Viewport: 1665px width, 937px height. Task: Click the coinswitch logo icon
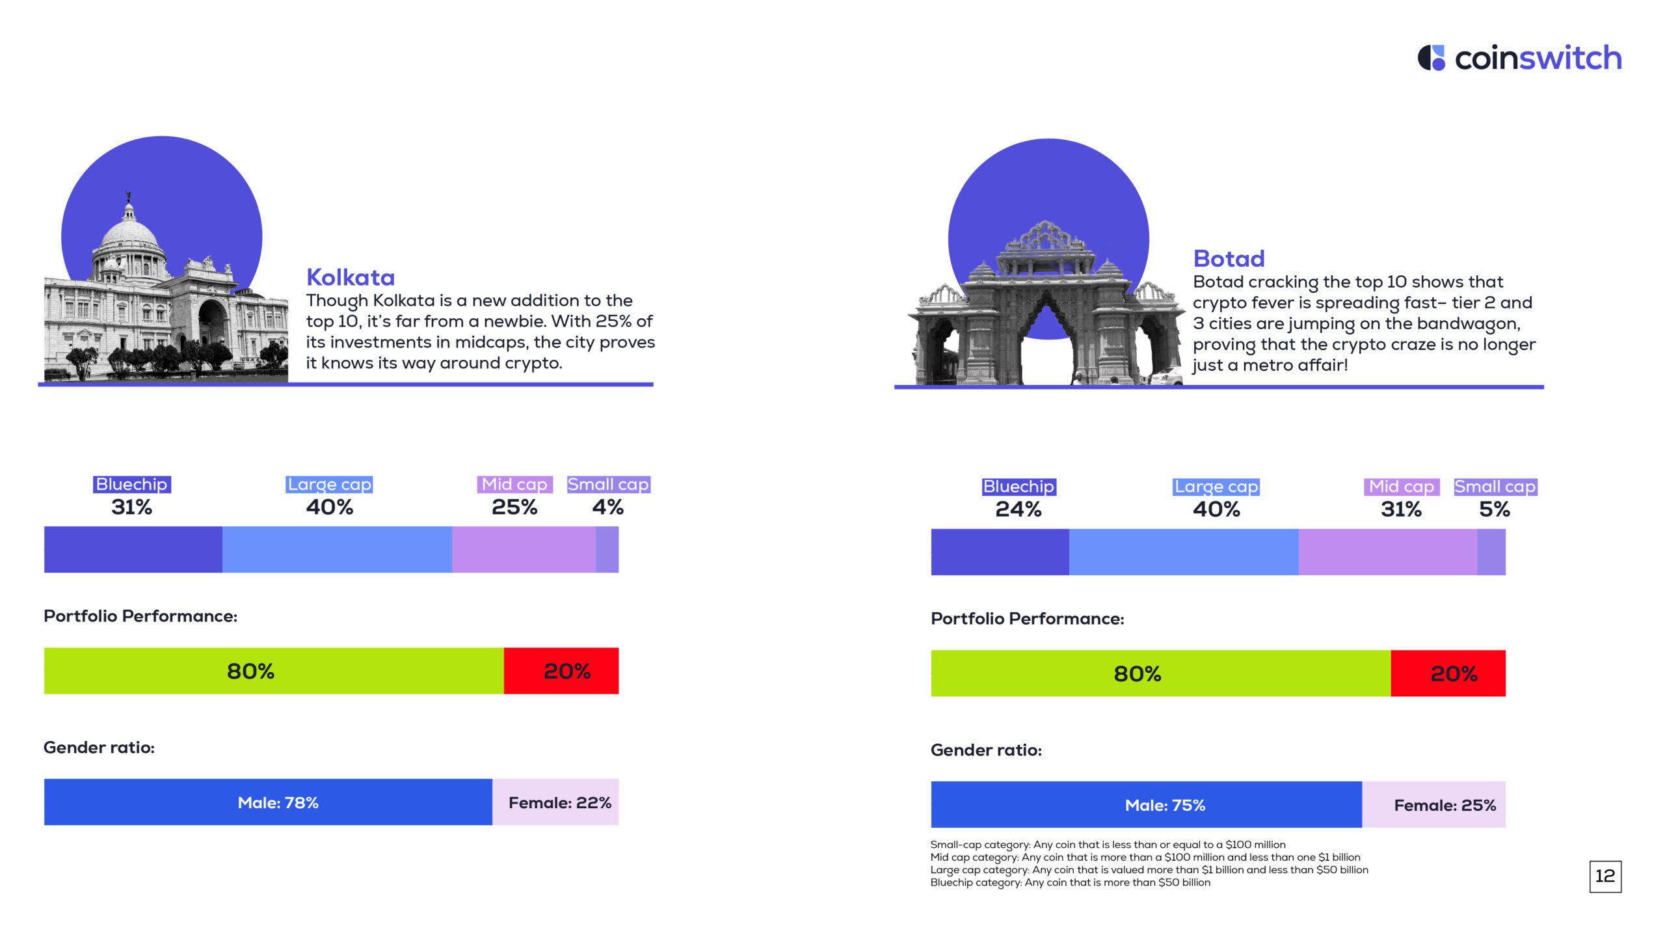point(1431,58)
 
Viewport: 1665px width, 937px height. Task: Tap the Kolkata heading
point(351,278)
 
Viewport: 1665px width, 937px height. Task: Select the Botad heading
point(1229,259)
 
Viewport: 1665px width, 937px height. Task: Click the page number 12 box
point(1605,876)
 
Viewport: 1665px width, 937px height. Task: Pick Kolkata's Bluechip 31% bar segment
point(133,550)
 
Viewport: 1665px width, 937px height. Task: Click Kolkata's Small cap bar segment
point(607,550)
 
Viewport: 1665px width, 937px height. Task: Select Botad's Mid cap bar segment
point(1387,552)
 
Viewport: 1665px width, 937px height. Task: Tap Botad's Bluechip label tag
point(1019,487)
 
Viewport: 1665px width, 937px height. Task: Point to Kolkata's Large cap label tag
point(329,485)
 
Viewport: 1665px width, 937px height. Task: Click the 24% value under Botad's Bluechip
point(1019,509)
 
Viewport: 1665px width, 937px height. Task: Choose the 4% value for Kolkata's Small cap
point(607,507)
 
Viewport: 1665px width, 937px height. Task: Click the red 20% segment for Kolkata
point(561,671)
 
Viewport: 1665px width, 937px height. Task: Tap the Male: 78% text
point(278,803)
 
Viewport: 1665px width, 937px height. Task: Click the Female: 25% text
point(1445,806)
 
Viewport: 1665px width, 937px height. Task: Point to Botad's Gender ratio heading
point(986,750)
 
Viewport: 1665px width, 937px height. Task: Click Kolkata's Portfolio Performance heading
point(140,616)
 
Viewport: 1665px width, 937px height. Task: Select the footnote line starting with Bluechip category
point(1070,883)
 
